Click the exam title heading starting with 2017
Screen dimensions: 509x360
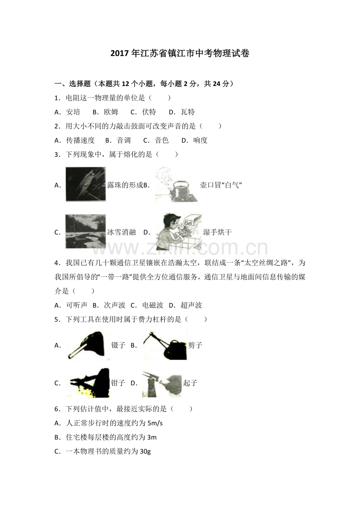click(180, 54)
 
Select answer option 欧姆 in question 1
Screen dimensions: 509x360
click(111, 112)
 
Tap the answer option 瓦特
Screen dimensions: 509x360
click(188, 112)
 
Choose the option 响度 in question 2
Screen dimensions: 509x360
click(200, 140)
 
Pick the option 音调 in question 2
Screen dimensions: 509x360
click(124, 140)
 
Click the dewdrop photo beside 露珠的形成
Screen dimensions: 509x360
click(86, 184)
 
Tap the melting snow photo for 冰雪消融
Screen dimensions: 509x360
click(86, 231)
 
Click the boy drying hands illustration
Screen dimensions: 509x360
click(178, 231)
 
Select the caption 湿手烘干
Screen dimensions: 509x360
click(218, 232)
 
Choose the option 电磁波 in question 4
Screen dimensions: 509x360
click(153, 305)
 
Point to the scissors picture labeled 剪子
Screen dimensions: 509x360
click(164, 345)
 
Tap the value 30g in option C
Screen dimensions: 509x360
click(145, 452)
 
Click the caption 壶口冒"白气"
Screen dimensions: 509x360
click(221, 185)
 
